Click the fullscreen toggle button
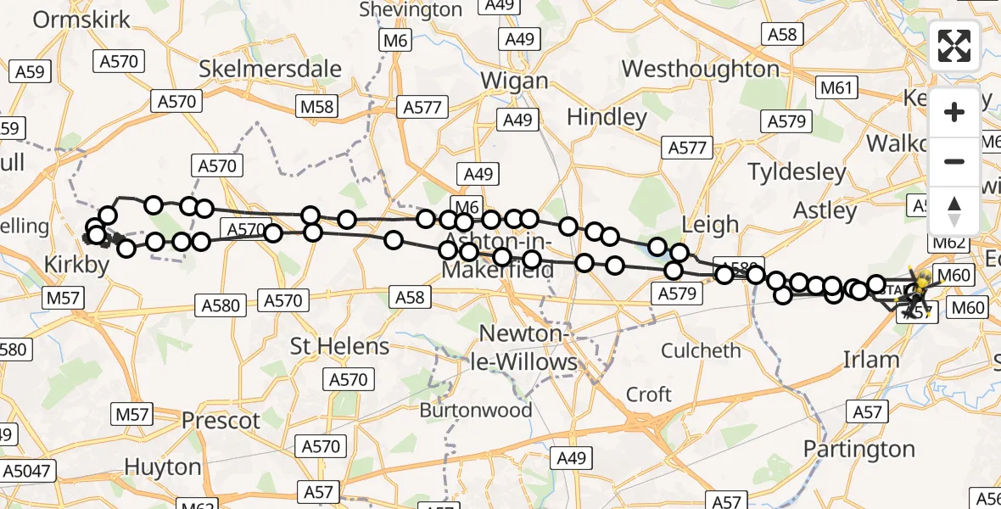954,46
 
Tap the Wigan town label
514,81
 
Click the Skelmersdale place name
270,69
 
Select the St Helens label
339,346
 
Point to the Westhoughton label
700,69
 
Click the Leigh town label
710,225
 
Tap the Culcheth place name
701,350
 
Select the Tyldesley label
797,172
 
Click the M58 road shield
316,107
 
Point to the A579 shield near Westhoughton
786,121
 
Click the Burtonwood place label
477,410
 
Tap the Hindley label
607,117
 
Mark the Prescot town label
221,420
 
